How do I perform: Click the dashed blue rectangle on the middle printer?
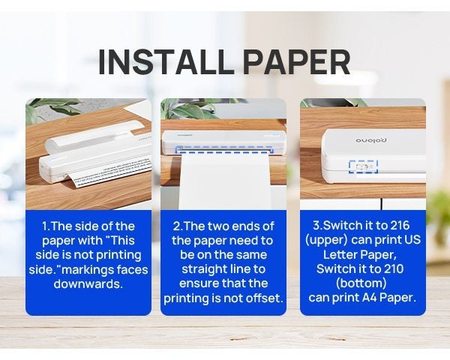tap(223, 148)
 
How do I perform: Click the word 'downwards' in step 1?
tap(88, 284)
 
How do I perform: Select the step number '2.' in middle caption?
tap(178, 226)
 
